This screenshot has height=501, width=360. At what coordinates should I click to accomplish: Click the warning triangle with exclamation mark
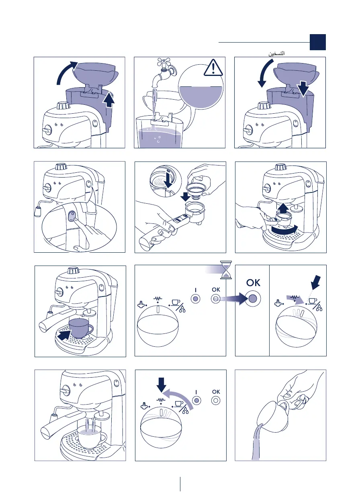(x=213, y=67)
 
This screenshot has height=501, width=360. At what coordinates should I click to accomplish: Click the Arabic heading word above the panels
(x=276, y=54)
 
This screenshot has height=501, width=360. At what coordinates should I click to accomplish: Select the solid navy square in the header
(x=317, y=42)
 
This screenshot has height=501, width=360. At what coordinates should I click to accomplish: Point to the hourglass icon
(x=226, y=270)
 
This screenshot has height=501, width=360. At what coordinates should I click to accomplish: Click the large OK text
(x=253, y=283)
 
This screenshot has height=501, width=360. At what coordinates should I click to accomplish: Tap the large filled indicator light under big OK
(x=253, y=299)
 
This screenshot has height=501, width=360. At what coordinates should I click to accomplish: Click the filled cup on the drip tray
(x=80, y=328)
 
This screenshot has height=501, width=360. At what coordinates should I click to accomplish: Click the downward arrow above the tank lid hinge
(x=303, y=89)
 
